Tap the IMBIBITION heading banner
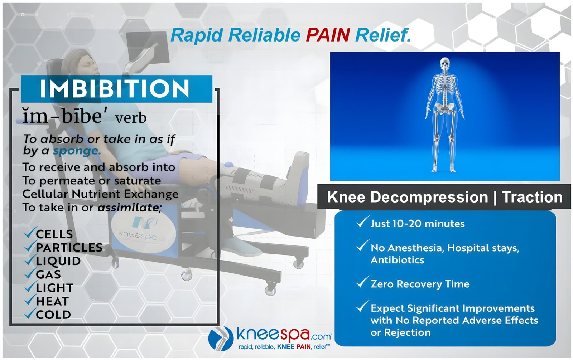pos(116,89)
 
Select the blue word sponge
pos(77,151)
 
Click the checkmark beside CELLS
pos(31,232)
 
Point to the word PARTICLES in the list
pos(69,248)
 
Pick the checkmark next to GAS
pos(31,273)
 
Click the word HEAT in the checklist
pos(52,301)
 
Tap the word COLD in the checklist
pos(53,315)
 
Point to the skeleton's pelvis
pos(445,109)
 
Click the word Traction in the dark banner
pos(532,197)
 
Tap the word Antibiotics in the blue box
pos(397,260)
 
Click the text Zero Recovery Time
pos(420,284)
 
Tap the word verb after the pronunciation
pos(131,118)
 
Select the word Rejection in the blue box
pos(407,332)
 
